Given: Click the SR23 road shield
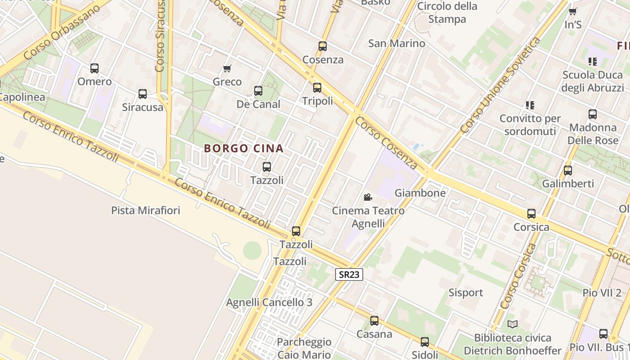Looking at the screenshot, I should [349, 274].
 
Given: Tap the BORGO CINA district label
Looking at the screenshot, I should [244, 148].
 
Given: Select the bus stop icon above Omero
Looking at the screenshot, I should [94, 68].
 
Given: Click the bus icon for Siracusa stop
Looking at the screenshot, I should [143, 94].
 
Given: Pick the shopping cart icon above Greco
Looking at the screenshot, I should [227, 69].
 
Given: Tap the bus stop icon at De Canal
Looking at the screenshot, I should [258, 91].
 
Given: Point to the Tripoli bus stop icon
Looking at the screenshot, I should [317, 88].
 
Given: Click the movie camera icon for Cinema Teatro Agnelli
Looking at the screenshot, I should [368, 197].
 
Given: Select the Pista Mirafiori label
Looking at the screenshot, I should [145, 210].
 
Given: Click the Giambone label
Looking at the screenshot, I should [420, 193].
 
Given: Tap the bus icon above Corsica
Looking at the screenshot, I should [531, 214].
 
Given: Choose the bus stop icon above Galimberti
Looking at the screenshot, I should [568, 171].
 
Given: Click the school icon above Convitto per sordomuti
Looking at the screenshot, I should [530, 105].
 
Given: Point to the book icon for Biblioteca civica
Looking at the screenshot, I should [512, 324].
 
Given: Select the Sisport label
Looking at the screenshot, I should [466, 292].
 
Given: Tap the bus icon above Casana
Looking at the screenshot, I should [374, 321].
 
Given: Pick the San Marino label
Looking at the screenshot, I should [396, 43].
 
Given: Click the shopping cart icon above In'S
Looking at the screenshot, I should [572, 12].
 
